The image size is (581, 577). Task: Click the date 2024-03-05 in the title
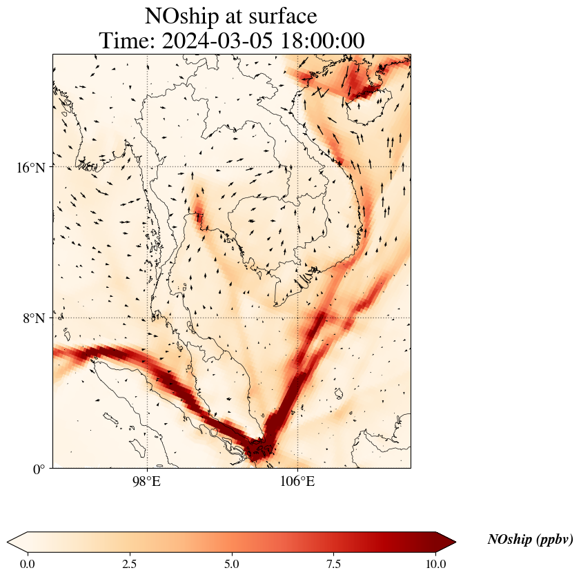pos(218,41)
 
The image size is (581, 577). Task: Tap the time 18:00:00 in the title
pos(323,41)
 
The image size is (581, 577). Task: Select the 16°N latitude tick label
pos(31,167)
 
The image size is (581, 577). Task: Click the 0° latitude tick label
pos(39,469)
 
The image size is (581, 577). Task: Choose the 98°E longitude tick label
pos(147,480)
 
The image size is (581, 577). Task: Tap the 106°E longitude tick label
pos(297,480)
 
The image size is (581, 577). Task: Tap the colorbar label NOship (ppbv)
pos(530,540)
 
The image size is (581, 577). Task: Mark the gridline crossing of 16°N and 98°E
pos(147,167)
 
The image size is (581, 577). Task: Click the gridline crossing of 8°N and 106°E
pos(297,318)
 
